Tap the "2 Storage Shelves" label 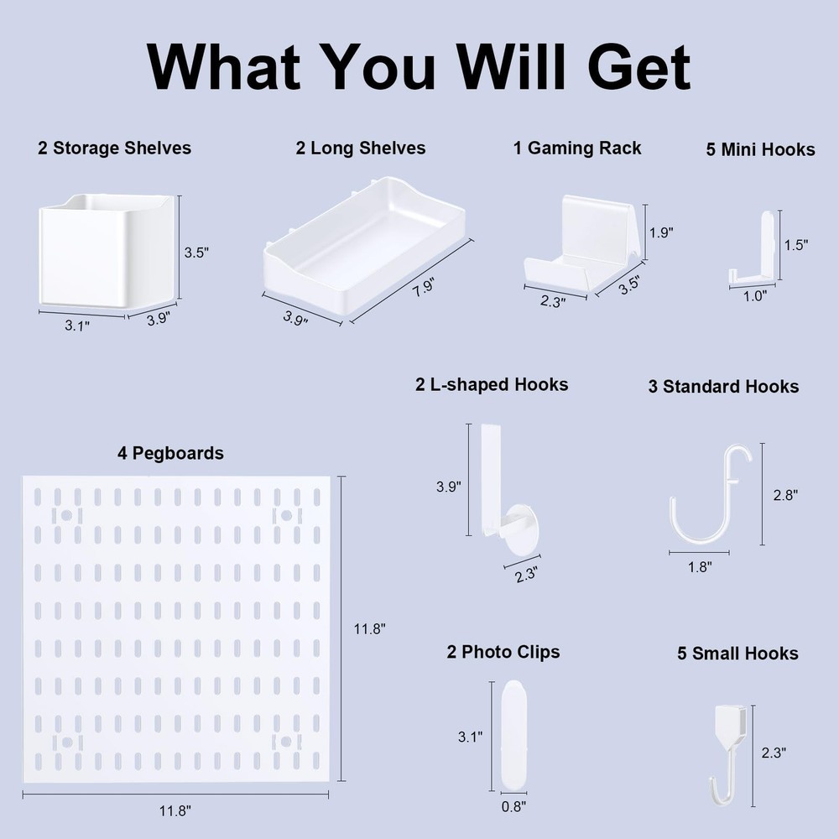click(x=114, y=149)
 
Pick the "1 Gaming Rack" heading click(x=577, y=149)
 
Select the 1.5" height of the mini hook click(x=795, y=245)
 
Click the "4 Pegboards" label click(x=170, y=453)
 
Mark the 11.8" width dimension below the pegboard click(x=175, y=811)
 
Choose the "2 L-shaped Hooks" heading click(x=492, y=385)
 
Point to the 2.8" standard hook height click(x=784, y=495)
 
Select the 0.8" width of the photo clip click(x=513, y=806)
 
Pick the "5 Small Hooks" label click(x=737, y=654)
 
